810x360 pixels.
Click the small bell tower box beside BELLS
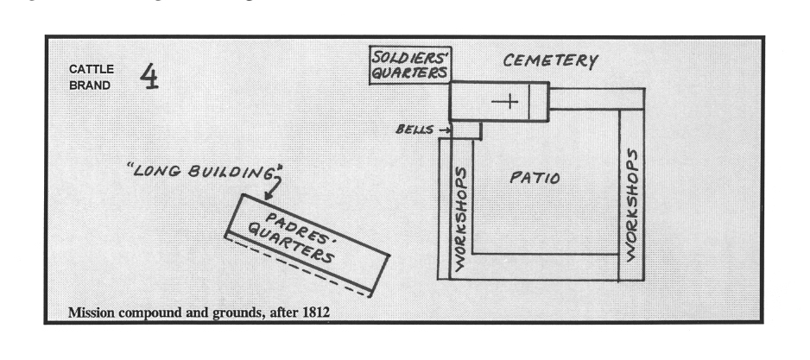tap(468, 129)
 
